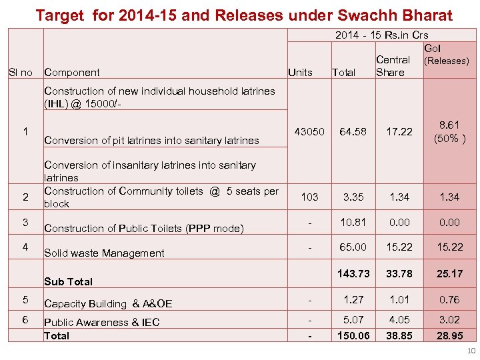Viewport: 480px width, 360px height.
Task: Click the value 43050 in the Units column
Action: [310, 132]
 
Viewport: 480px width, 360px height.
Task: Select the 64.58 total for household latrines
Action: [353, 132]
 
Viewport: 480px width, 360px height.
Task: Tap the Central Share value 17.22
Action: [399, 132]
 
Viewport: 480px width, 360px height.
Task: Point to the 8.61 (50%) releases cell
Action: [450, 132]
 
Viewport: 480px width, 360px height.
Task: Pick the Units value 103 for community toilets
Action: [310, 197]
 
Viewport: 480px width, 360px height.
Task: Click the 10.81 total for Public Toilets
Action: [353, 221]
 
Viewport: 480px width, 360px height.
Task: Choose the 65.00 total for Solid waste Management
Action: [353, 247]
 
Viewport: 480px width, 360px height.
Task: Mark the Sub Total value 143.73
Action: [353, 274]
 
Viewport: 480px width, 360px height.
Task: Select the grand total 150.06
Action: [353, 335]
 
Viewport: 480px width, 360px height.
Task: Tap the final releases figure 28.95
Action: [450, 335]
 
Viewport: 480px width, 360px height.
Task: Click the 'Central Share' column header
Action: [393, 66]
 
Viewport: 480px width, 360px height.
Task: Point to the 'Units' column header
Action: [300, 73]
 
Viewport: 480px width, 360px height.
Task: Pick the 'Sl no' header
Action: [20, 72]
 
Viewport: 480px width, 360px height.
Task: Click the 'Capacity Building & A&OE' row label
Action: [108, 303]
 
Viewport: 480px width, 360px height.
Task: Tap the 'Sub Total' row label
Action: [68, 281]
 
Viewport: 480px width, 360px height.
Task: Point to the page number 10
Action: [471, 351]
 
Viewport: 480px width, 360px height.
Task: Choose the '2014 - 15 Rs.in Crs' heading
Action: [381, 35]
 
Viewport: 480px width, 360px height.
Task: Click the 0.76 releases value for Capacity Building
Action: [450, 299]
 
